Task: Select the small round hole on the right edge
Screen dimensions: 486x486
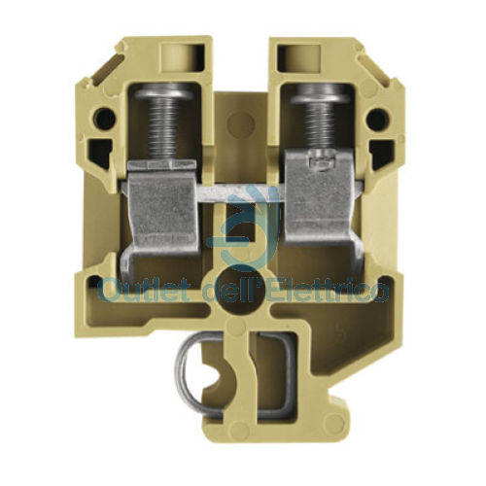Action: (x=377, y=121)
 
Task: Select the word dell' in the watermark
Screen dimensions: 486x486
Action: (x=226, y=288)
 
